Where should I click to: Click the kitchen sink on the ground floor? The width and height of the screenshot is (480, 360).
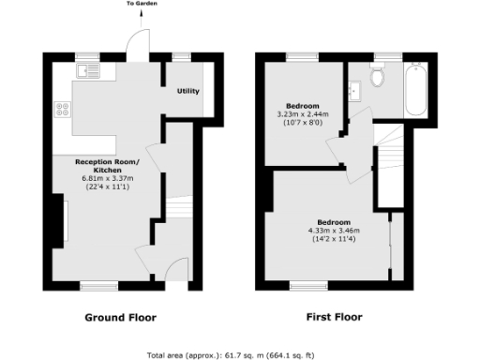point(90,70)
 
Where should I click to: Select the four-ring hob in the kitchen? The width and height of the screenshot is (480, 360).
point(65,109)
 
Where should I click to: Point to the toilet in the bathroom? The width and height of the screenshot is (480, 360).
point(379,77)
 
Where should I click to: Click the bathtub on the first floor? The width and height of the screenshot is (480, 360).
point(415,91)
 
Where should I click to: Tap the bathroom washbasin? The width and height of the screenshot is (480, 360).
point(355,91)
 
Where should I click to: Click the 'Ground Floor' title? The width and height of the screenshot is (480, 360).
point(121,317)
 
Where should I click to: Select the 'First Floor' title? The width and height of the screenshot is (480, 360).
point(334,317)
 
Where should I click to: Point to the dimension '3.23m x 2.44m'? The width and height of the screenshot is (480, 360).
point(301,114)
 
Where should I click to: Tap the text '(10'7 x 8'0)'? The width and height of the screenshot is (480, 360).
point(301,123)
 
